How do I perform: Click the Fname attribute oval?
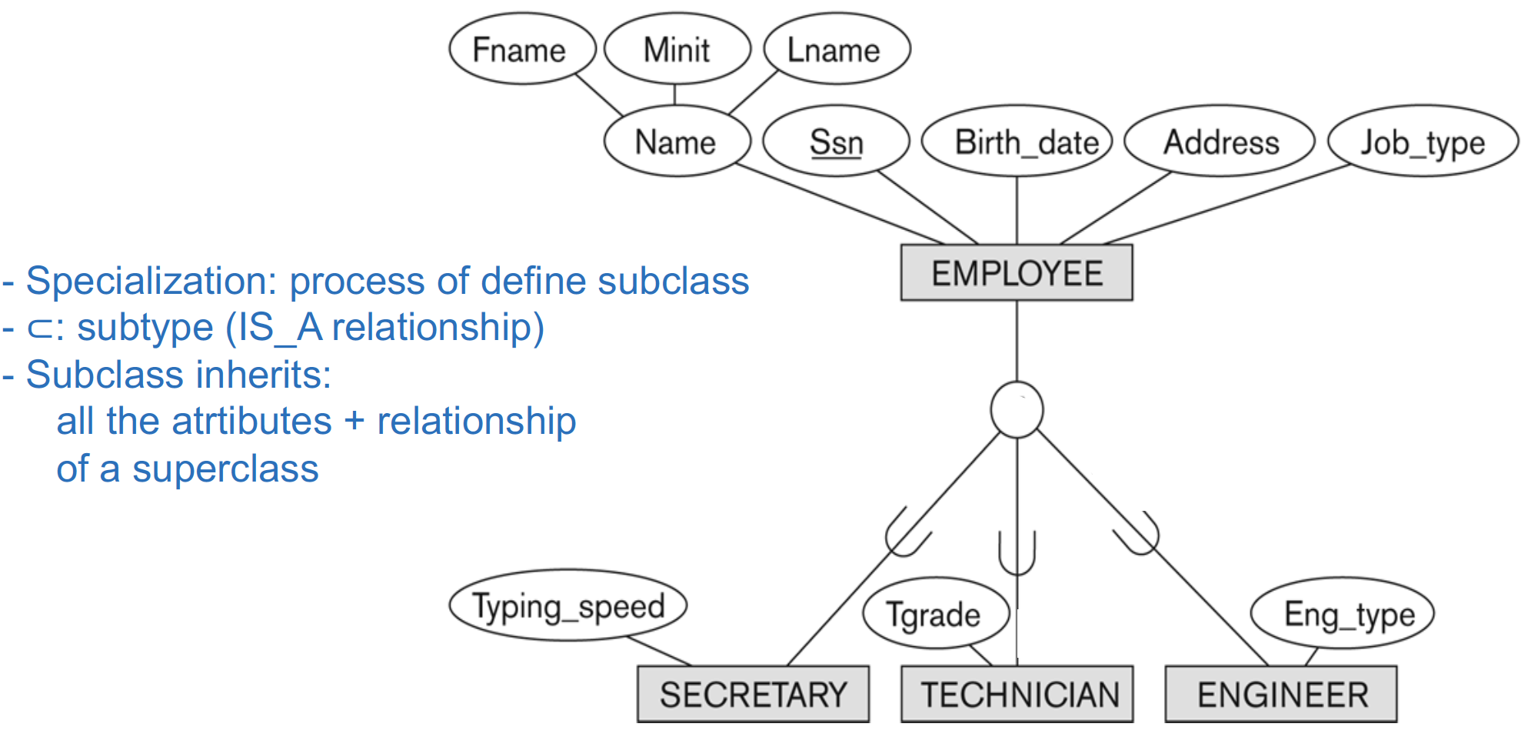522,48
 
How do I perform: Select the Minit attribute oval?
677,48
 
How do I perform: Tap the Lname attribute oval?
837,48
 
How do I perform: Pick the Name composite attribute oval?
677,142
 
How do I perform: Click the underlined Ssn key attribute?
836,142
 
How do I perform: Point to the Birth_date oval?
1017,142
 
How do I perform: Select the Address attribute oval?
1220,142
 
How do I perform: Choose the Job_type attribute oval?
1423,142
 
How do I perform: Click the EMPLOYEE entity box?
1017,272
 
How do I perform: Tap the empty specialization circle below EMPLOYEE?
1017,410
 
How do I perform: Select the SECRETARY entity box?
753,694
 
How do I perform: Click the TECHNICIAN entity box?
1017,694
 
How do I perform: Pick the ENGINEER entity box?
1281,694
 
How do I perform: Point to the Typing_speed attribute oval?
567,605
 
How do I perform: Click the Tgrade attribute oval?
936,613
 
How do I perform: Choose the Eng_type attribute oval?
1343,613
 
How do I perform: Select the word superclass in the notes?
225,469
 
